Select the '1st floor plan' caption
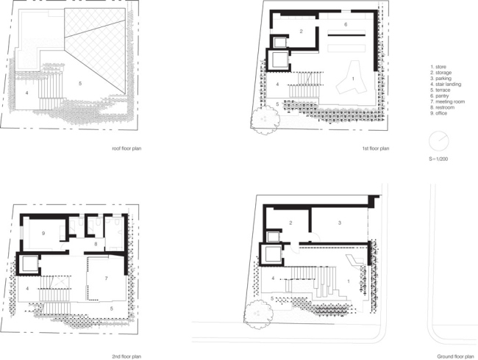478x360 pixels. (x=375, y=148)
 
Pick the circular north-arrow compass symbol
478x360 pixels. (x=439, y=140)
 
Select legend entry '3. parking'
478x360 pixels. (x=440, y=79)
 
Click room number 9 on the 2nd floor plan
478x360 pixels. (x=43, y=234)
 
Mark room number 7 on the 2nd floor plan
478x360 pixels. (x=107, y=278)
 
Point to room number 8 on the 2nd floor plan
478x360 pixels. (x=96, y=243)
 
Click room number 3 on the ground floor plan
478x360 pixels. (x=339, y=222)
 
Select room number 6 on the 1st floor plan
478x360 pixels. (x=345, y=24)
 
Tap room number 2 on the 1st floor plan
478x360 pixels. (x=301, y=31)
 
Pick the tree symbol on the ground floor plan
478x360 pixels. (x=257, y=312)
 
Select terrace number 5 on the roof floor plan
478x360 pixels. (x=80, y=84)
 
